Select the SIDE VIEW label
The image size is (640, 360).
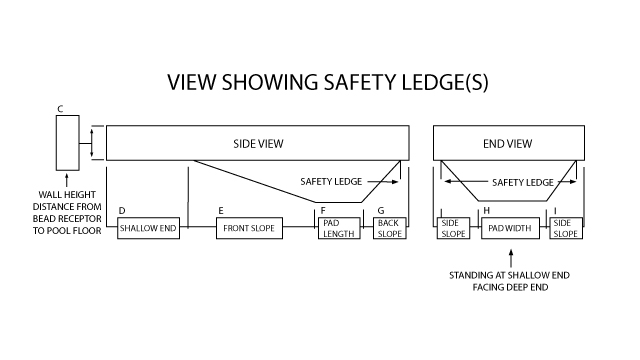click(x=257, y=144)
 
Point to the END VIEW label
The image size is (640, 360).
click(x=507, y=144)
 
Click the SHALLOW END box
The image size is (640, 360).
click(x=148, y=228)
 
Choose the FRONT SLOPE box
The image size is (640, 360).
click(x=249, y=228)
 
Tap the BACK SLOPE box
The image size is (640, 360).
click(x=389, y=228)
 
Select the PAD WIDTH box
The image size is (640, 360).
click(x=510, y=228)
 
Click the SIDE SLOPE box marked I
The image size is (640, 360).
click(x=566, y=228)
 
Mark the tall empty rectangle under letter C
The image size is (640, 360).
click(x=67, y=143)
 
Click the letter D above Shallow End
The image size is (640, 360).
click(x=122, y=211)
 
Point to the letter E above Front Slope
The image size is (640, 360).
click(x=220, y=211)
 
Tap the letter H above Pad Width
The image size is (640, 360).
click(x=486, y=211)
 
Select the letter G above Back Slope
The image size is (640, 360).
click(x=381, y=211)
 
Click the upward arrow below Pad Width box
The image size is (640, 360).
click(x=510, y=258)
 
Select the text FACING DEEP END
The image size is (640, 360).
click(x=510, y=288)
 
